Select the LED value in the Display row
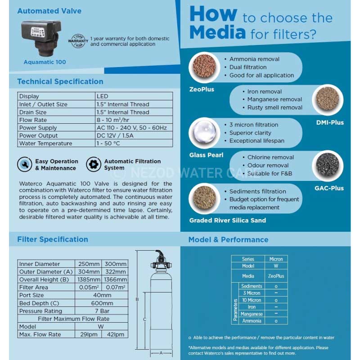pos(102,96)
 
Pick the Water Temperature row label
pos(45,144)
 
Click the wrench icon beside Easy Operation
pos(24,164)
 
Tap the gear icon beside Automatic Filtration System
pos(94,164)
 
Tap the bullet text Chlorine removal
pos(270,157)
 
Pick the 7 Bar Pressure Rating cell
pos(101,311)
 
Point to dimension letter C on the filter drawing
pos(144,319)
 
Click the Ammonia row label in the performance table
pos(252,321)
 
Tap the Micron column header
pos(276,259)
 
